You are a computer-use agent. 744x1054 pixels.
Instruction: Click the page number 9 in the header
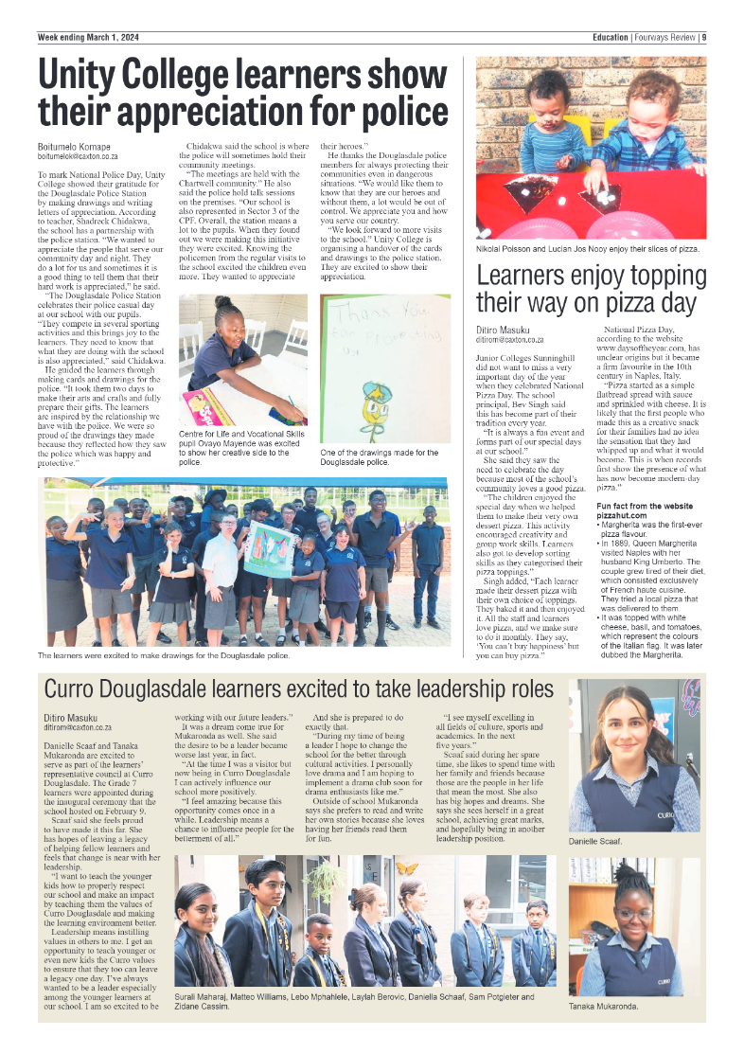click(x=704, y=38)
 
